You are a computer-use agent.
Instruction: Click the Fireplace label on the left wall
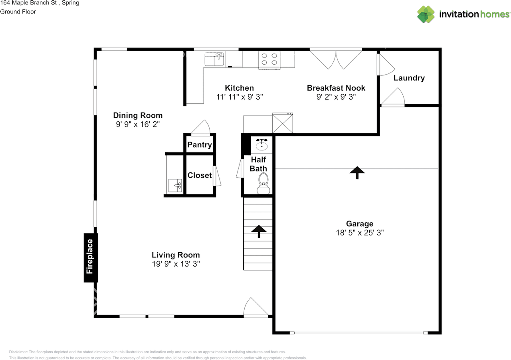pos(91,257)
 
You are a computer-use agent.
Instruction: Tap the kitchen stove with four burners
pos(269,59)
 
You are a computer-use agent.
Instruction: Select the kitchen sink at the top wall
pos(214,59)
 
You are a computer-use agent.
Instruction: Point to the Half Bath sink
pos(262,144)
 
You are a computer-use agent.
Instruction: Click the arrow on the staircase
pos(259,231)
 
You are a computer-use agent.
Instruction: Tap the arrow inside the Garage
pos(357,172)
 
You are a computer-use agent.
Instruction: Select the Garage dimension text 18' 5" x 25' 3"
pos(360,233)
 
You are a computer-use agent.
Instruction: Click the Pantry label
pos(200,145)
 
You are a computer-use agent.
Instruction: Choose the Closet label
pos(200,175)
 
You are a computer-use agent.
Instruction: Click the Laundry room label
pos(409,78)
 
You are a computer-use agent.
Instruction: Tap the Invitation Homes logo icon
pos(426,14)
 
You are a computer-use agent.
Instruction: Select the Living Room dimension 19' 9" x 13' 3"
pos(176,264)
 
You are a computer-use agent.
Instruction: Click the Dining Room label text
pos(138,116)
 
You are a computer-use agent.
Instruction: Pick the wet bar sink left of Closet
pos(175,186)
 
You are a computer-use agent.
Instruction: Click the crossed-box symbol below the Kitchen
pos(283,124)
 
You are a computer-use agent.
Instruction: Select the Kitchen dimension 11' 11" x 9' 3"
pos(239,97)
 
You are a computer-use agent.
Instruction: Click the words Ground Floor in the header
pos(18,12)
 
